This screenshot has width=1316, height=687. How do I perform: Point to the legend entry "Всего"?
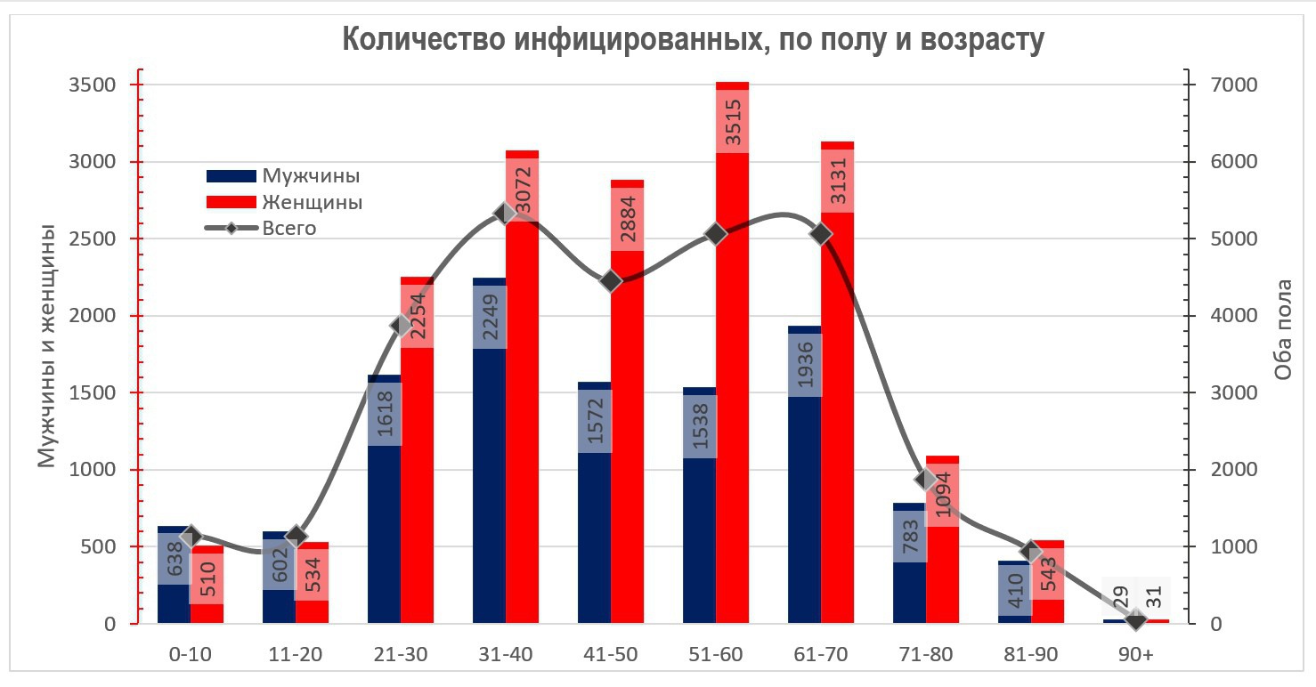click(x=288, y=228)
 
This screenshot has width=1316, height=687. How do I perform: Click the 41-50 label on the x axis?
click(x=610, y=655)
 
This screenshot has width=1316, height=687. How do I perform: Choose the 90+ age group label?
click(x=1135, y=655)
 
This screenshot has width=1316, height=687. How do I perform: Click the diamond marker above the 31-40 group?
click(x=505, y=214)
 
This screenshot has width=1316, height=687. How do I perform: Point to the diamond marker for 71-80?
click(x=925, y=480)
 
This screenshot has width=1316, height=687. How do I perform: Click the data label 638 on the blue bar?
click(x=174, y=557)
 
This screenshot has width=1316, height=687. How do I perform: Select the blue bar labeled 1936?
click(x=804, y=516)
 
